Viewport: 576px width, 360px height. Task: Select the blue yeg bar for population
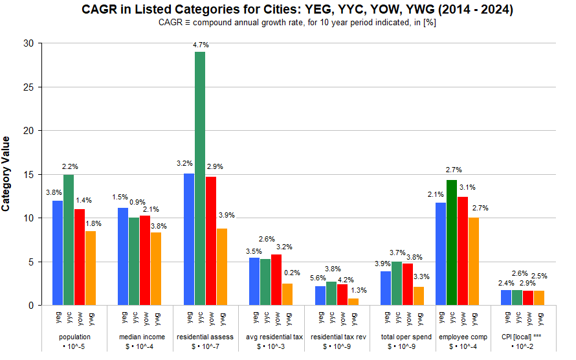point(58,253)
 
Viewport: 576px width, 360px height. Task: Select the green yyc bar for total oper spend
point(397,284)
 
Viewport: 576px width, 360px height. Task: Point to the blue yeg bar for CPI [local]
point(507,298)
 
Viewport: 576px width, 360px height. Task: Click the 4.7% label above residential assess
point(201,45)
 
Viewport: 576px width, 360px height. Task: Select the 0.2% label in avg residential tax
point(292,273)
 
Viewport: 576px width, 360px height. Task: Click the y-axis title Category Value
point(6,174)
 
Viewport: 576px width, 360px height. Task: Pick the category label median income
point(142,337)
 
